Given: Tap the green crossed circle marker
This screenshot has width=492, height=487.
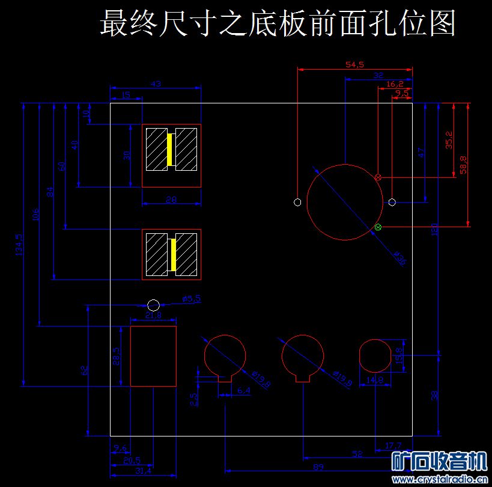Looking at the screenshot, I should click(x=378, y=227).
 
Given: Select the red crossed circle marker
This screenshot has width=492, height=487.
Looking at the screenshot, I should click(x=378, y=177).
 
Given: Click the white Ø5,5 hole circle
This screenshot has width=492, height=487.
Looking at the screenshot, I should click(x=153, y=305).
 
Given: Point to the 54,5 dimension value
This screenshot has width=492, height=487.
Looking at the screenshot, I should click(x=355, y=64).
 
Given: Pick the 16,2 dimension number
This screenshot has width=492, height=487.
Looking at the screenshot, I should click(x=395, y=84).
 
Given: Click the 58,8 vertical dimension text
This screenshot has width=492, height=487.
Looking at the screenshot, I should click(x=463, y=164).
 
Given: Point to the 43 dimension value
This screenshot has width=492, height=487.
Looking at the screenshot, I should click(x=156, y=84).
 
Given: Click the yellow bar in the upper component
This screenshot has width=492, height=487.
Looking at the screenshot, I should click(x=170, y=150).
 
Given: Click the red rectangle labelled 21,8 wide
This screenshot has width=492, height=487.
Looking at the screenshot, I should click(x=153, y=356).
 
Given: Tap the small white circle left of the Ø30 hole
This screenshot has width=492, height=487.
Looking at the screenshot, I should click(x=297, y=202).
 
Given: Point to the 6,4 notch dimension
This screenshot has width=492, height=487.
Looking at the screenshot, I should click(x=243, y=391).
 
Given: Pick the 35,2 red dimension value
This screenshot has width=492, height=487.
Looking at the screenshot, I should click(x=449, y=139).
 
